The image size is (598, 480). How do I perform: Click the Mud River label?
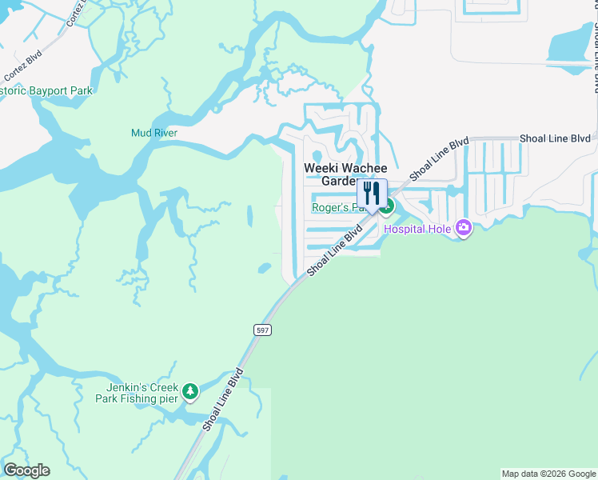(154, 133)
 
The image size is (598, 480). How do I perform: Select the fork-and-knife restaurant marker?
(372, 194)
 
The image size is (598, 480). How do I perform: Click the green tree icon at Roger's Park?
(387, 206)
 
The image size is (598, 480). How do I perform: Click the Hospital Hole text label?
(417, 230)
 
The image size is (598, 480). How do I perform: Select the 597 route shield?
(262, 330)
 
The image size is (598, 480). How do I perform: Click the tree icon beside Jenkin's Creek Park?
(189, 391)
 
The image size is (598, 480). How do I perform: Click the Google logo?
(26, 470)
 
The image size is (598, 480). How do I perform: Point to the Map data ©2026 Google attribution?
(548, 474)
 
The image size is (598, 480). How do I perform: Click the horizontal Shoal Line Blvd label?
(555, 138)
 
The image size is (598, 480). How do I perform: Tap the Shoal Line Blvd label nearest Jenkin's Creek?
(222, 400)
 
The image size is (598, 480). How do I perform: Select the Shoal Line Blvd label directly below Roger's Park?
(334, 251)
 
